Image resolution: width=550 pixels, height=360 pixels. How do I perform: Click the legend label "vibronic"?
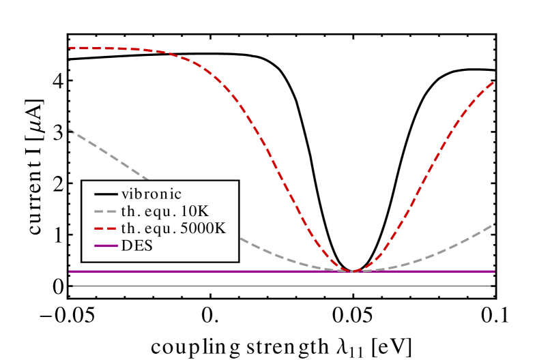[151, 194]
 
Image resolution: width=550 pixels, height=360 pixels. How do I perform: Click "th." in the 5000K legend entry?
[130, 229]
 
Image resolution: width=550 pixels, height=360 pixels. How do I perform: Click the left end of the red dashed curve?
[70, 48]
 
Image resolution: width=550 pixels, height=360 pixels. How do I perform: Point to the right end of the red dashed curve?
[493, 82]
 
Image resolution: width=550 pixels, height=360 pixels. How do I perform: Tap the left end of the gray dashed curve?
[70, 130]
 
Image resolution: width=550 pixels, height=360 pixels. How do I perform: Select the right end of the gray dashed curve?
[493, 223]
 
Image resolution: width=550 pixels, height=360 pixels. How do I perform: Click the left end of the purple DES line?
[70, 271]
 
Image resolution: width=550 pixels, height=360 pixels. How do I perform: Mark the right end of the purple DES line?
[494, 271]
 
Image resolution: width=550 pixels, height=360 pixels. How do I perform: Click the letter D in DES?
[126, 246]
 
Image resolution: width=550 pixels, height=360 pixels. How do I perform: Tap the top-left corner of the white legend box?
[83, 181]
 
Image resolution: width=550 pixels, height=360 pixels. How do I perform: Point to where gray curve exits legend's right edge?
[237, 239]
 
